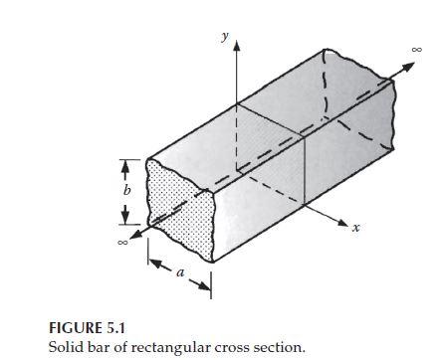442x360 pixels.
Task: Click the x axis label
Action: pos(355,228)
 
